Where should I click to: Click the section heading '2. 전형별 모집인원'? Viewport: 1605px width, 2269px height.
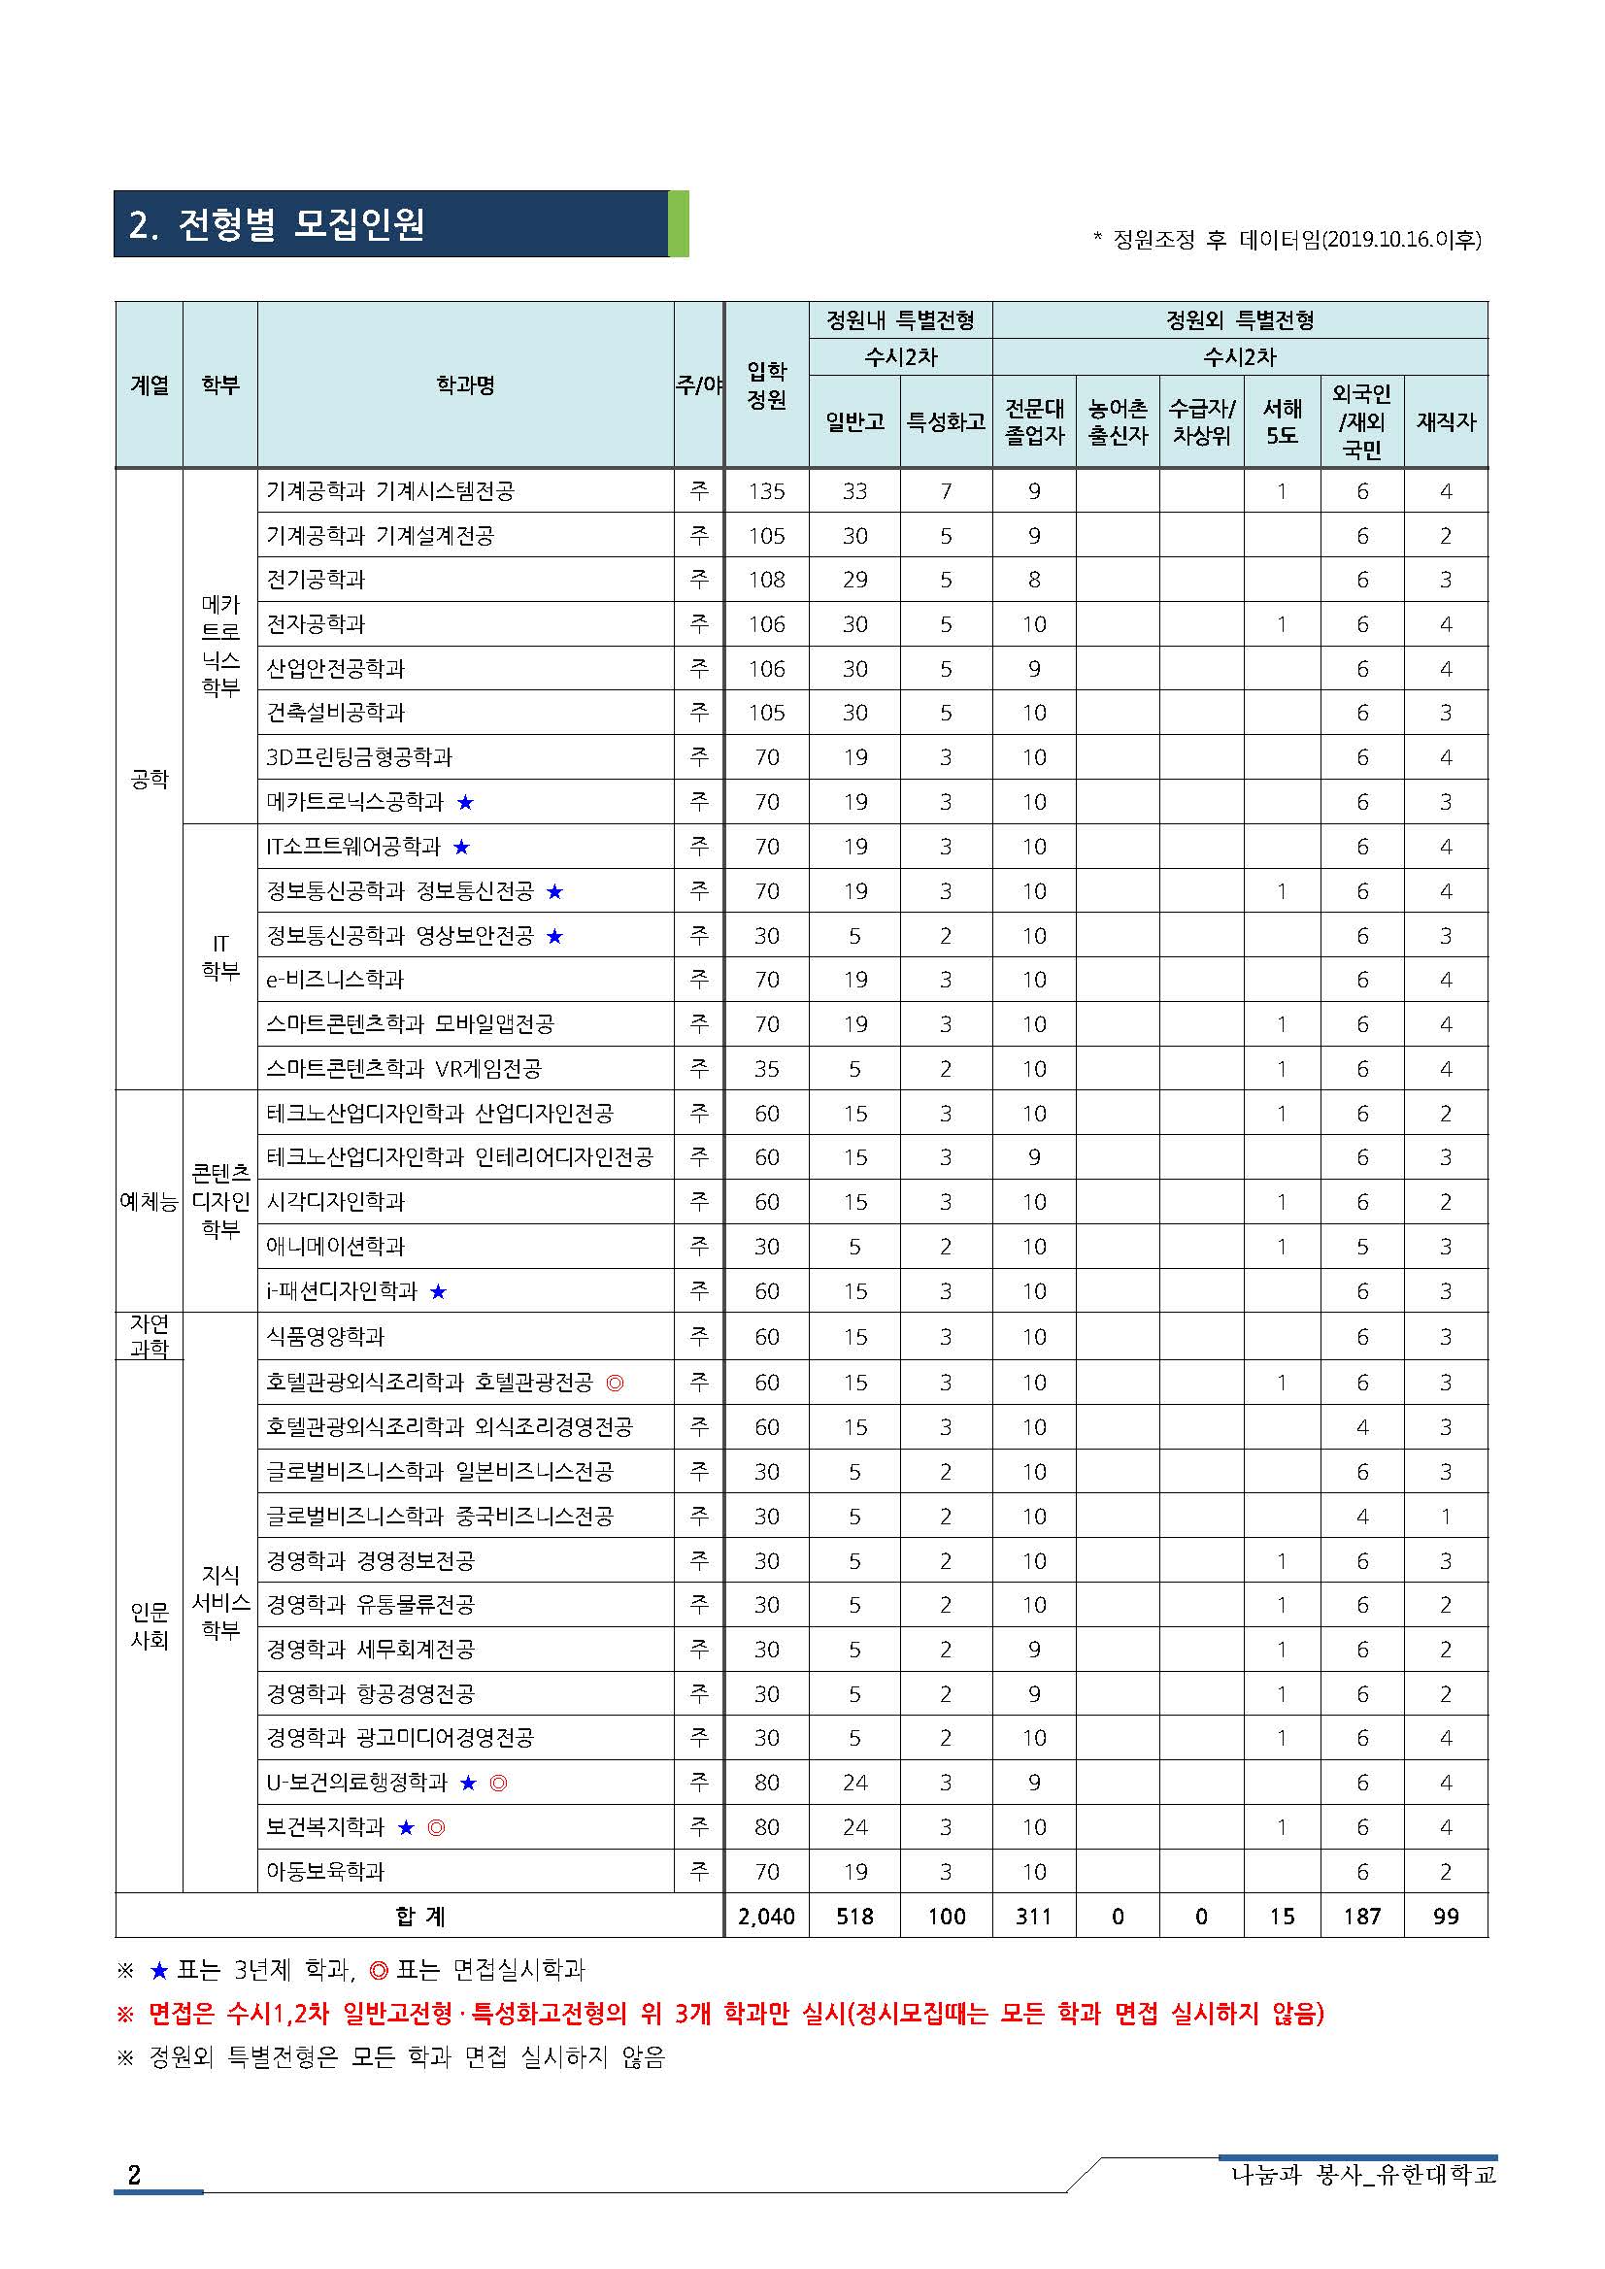click(x=278, y=225)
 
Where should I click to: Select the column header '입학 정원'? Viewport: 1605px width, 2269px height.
click(x=766, y=385)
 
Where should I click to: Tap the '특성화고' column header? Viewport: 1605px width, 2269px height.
click(x=946, y=422)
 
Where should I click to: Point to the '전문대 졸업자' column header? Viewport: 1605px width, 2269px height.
click(x=1034, y=422)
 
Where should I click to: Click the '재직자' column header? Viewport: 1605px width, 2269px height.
click(x=1445, y=422)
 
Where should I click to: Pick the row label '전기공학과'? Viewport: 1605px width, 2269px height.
click(x=317, y=579)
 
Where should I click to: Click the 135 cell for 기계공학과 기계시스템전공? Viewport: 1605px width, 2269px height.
click(x=766, y=491)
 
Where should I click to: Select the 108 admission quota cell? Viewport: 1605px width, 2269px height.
click(x=766, y=579)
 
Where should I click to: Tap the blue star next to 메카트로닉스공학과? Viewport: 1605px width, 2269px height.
click(x=465, y=802)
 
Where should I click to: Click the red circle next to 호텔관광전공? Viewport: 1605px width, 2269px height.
click(x=615, y=1383)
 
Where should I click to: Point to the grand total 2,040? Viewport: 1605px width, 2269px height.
click(x=766, y=1917)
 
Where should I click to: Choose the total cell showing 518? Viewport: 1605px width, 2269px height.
click(x=854, y=1917)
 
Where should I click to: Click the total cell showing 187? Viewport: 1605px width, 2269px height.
click(x=1362, y=1917)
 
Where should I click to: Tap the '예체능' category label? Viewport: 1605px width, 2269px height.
click(x=150, y=1202)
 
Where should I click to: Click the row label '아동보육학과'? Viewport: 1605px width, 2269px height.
click(x=325, y=1871)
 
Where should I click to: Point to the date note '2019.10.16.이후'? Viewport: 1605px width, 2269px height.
click(x=1400, y=239)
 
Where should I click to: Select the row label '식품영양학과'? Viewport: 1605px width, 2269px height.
click(x=325, y=1337)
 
